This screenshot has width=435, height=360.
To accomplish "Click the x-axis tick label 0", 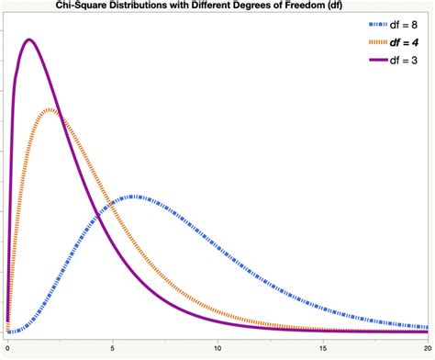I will (x=7, y=349).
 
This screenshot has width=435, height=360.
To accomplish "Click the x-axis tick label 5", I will (x=113, y=349).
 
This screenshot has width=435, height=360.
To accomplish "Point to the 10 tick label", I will (x=217, y=349).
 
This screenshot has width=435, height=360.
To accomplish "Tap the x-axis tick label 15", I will (x=323, y=349).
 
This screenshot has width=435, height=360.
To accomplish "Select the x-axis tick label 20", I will (x=427, y=349).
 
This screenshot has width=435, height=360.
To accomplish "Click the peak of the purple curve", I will (x=29, y=39).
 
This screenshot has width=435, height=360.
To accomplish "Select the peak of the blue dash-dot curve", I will (x=135, y=197).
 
